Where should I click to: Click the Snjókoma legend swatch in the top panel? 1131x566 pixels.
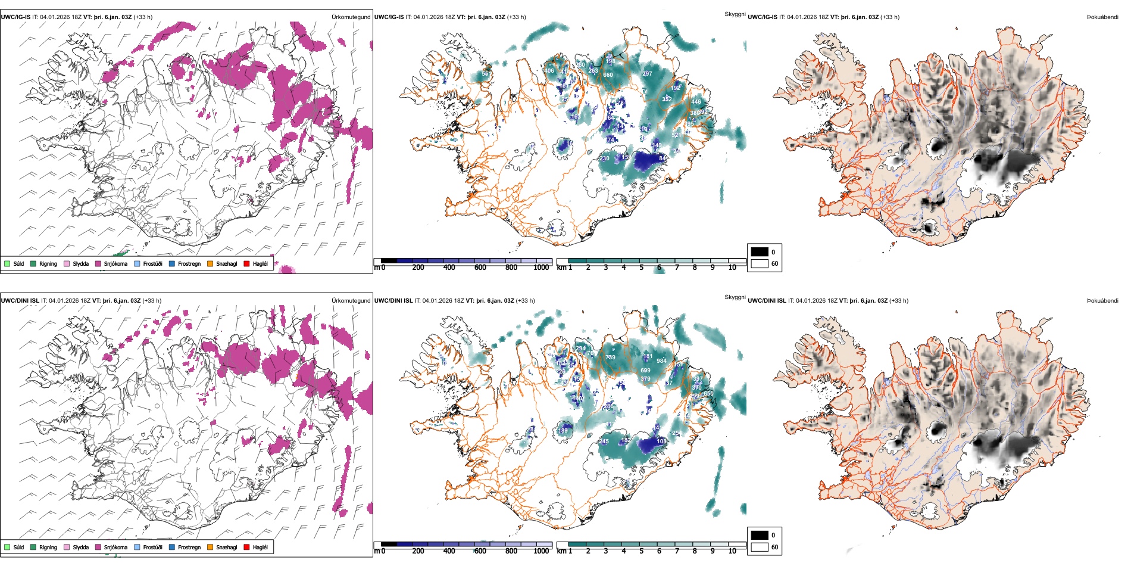click(x=98, y=263)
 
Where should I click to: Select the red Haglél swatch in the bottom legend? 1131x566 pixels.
click(x=246, y=547)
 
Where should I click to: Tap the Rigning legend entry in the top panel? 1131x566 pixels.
click(x=33, y=263)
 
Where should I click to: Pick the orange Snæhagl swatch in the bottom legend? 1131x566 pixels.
click(x=210, y=547)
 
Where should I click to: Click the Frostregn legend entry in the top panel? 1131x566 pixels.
click(x=172, y=263)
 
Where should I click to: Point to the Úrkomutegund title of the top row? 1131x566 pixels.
click(x=351, y=17)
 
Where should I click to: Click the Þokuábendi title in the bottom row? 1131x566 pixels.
click(x=1102, y=301)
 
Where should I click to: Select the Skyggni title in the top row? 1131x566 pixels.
click(x=735, y=14)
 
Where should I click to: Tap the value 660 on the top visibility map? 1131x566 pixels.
click(x=608, y=75)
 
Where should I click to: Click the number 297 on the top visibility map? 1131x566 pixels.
click(x=647, y=74)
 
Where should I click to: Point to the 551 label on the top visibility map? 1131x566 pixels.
click(x=486, y=74)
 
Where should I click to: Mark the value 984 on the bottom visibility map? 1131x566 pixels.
click(x=661, y=361)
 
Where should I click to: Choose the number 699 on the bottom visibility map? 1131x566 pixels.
click(x=645, y=371)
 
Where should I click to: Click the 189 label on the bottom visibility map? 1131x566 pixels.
click(x=563, y=431)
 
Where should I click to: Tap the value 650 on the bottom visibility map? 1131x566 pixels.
click(x=708, y=394)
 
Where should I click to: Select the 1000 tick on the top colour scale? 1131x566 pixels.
click(x=541, y=268)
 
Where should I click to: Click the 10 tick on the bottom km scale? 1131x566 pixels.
click(x=732, y=551)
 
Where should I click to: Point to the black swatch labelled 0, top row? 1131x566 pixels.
click(x=760, y=252)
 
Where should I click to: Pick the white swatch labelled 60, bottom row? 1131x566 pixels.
click(x=760, y=547)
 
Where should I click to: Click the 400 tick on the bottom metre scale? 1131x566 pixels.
click(x=449, y=551)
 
